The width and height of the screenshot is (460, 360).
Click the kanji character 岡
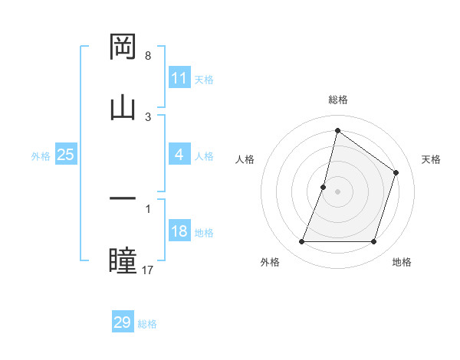[123, 47]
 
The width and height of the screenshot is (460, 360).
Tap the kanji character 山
[123, 107]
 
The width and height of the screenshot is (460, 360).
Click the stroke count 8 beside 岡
[148, 56]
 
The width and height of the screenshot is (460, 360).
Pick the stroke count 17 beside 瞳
[148, 269]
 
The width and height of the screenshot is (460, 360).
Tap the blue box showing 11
[179, 78]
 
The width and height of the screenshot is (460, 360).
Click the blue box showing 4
[179, 155]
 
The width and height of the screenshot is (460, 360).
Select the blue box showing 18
[179, 232]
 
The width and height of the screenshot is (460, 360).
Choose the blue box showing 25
[66, 155]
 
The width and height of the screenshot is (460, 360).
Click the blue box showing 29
[123, 322]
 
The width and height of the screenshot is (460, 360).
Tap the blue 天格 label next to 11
[204, 79]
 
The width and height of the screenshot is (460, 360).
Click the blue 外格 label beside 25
[41, 155]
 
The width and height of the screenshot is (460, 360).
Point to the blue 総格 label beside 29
[147, 323]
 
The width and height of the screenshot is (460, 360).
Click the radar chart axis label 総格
[337, 100]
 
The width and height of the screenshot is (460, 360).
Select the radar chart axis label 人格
[245, 159]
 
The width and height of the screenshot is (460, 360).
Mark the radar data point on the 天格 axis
[396, 172]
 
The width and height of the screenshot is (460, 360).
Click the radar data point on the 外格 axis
[301, 242]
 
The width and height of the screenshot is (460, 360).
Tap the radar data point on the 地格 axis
[374, 242]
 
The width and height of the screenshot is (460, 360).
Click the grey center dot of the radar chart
[337, 191]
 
